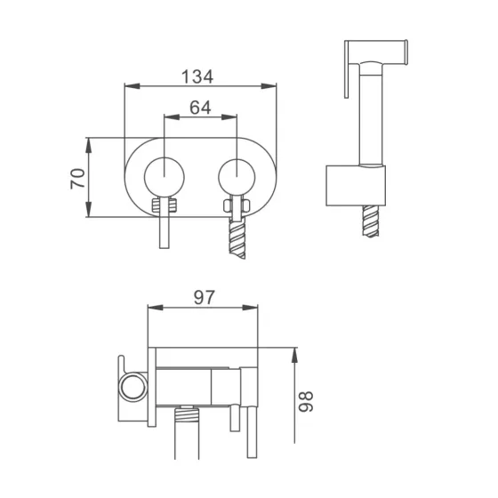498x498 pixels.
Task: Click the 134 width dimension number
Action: point(198,76)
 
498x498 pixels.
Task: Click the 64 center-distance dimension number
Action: point(199,105)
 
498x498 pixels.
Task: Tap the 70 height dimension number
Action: point(76,178)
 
